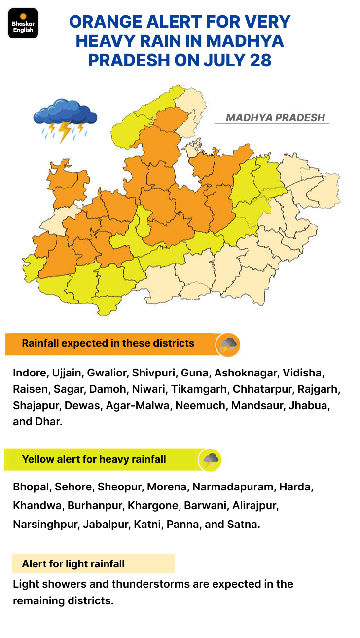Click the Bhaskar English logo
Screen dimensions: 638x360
(23, 23)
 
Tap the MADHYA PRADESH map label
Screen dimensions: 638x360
(275, 118)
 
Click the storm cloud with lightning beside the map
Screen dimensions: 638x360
(65, 119)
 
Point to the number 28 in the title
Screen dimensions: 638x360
(261, 60)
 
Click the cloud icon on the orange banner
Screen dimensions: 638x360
(228, 344)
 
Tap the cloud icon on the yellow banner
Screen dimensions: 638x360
(210, 460)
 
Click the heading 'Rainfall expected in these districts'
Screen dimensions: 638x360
(108, 343)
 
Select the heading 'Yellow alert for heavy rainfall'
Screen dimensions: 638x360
(94, 459)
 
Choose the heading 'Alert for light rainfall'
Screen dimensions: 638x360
(73, 563)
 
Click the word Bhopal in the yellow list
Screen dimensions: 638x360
(32, 487)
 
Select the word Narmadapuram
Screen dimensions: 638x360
(233, 487)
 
